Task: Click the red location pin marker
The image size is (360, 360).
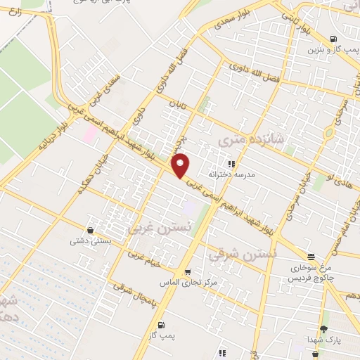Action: pyautogui.click(x=181, y=166)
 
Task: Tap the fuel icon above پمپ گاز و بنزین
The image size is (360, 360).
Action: pyautogui.click(x=333, y=39)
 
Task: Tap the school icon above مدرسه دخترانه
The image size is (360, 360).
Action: pyautogui.click(x=230, y=164)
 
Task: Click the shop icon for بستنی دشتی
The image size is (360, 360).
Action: pyautogui.click(x=91, y=230)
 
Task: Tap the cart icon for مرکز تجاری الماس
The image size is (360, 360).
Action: pyautogui.click(x=187, y=272)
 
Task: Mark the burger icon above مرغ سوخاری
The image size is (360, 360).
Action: pyautogui.click(x=311, y=257)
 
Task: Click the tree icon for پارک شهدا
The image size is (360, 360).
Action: pyautogui.click(x=323, y=330)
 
